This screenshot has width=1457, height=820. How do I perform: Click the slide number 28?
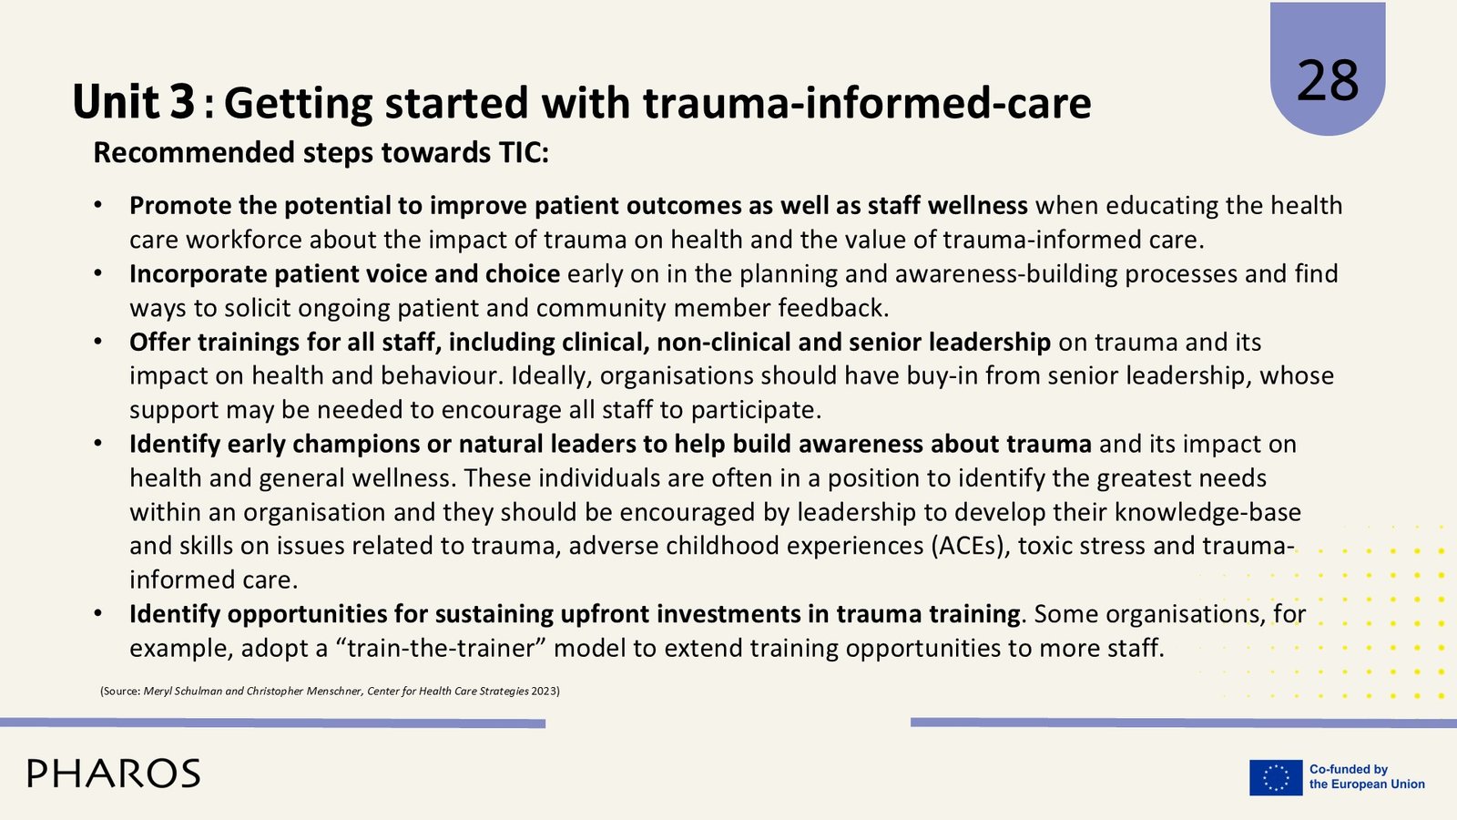coord(1328,81)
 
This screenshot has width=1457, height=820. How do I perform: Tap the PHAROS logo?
coord(114,774)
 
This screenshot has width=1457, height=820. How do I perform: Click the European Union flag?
coord(1276,778)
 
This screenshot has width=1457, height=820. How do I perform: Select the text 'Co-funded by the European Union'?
coord(1367,777)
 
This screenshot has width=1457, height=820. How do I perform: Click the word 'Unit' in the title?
coord(115,102)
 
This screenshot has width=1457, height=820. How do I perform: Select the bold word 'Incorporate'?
coord(198,274)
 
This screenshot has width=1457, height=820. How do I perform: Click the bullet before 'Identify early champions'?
coord(98,444)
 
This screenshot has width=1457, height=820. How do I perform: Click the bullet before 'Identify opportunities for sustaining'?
coord(98,614)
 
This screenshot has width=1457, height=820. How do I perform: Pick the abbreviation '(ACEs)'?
coord(971,546)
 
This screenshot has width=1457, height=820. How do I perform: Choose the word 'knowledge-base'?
coord(1207,512)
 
